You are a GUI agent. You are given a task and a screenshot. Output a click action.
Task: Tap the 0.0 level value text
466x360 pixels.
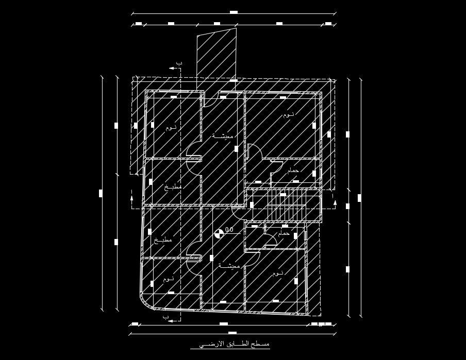pos(229,230)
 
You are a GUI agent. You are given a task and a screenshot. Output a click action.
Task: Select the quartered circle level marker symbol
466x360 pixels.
pos(219,233)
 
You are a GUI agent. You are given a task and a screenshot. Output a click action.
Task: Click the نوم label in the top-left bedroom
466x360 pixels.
pos(171,127)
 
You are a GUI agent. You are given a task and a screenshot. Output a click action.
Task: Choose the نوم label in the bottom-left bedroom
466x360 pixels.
pos(169,279)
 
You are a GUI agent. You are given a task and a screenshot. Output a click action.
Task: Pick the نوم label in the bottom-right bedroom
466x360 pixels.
pos(278,273)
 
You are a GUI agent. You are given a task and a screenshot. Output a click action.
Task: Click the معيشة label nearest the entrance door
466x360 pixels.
pos(223,136)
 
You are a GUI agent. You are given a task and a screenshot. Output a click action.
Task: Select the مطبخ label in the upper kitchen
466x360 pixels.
pos(173,187)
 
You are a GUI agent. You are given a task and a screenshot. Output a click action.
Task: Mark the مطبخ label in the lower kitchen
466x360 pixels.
pos(163,240)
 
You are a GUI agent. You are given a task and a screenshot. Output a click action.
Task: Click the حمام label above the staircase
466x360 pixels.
pos(293,170)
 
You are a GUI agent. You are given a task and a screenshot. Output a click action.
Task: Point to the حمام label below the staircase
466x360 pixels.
pos(284,234)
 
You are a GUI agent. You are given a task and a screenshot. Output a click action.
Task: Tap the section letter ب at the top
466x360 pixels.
pos(179,62)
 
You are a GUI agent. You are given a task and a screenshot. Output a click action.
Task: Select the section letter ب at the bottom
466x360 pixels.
pos(166,316)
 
